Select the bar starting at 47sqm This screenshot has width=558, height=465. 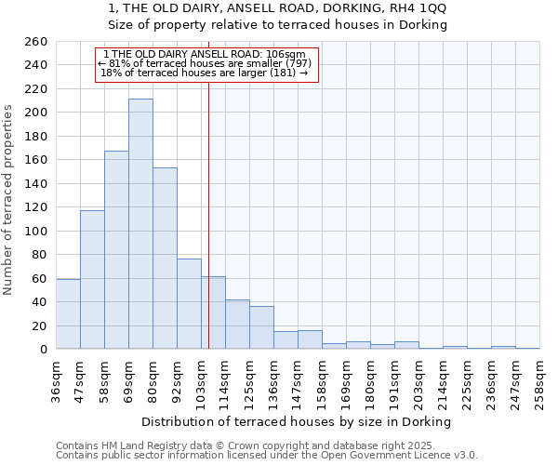[92, 280]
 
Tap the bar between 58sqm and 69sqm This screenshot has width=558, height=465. [116, 250]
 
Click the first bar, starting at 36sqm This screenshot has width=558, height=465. [68, 314]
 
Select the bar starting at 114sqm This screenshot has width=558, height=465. [237, 325]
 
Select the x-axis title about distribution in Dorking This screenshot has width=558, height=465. [297, 421]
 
